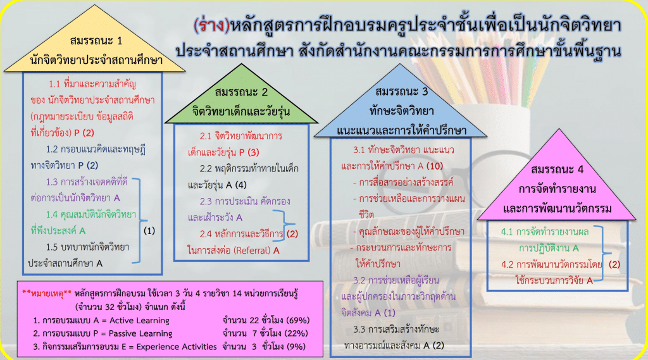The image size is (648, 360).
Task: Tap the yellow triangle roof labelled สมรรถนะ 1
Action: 95,46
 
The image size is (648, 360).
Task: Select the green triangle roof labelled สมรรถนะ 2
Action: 241,99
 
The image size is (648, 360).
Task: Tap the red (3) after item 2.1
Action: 253,152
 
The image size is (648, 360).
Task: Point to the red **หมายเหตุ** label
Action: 47,294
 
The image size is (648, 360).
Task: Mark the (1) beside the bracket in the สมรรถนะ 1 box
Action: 149,231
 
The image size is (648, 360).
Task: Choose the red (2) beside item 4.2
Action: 614,264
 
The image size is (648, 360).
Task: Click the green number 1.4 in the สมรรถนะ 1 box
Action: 52,214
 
